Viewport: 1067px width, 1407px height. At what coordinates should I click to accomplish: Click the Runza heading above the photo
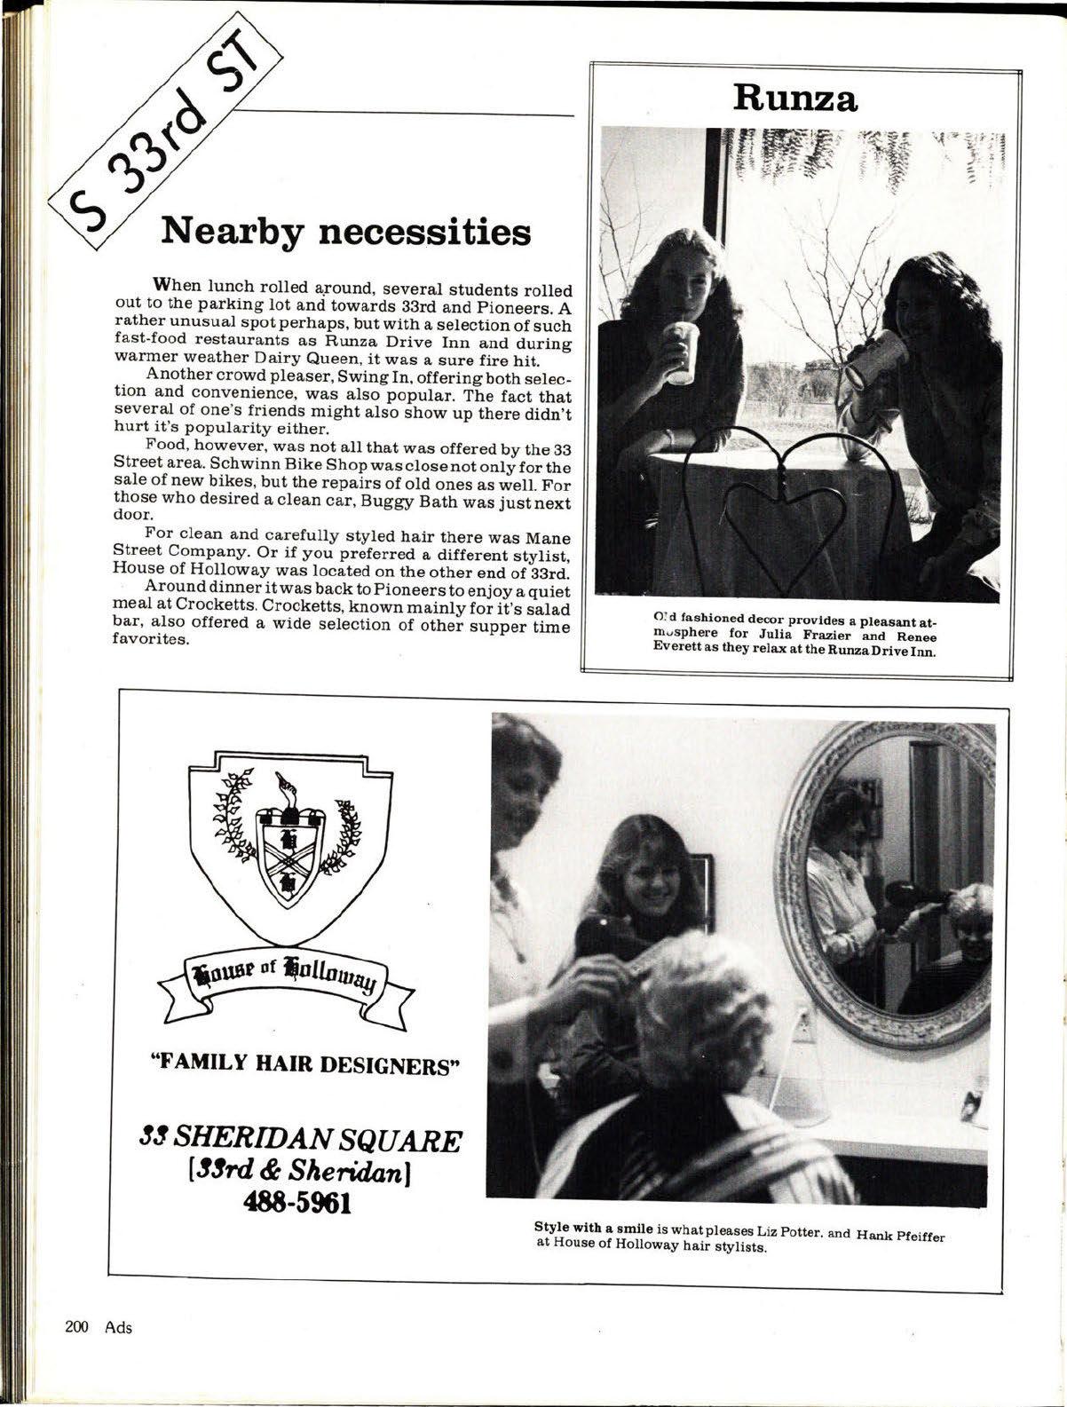click(x=794, y=98)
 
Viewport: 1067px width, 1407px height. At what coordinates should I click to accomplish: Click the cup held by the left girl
click(x=682, y=352)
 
